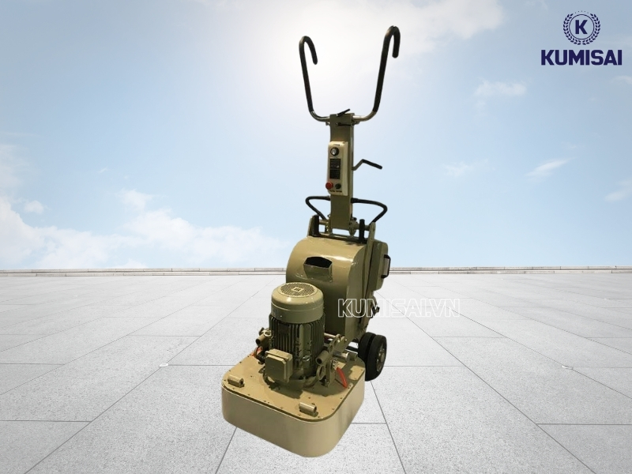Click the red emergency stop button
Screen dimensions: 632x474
329,186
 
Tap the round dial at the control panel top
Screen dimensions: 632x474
334,152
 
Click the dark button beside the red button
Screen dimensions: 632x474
338,186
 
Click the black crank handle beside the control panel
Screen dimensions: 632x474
367,164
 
